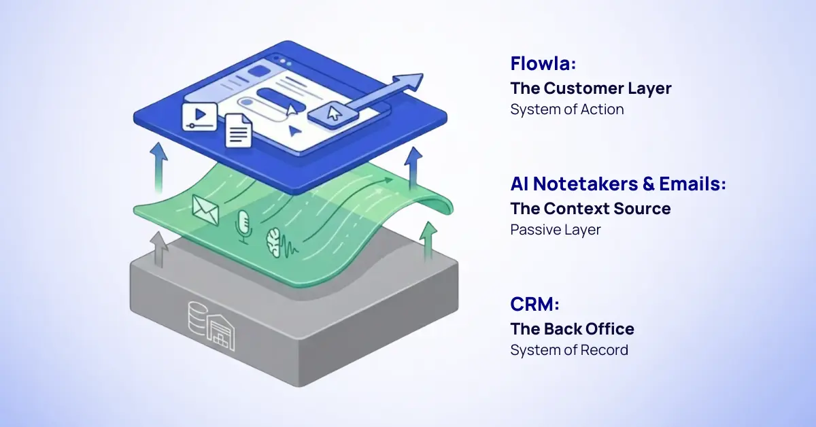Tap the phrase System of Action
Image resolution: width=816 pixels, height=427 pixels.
[567, 109]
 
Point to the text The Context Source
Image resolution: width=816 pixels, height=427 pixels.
[590, 208]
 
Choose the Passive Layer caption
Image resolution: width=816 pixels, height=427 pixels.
[556, 230]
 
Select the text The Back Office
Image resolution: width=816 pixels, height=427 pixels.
[572, 329]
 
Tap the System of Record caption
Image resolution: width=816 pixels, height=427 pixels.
[569, 350]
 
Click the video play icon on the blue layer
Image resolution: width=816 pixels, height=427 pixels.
[199, 116]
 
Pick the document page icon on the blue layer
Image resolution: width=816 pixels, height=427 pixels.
[237, 129]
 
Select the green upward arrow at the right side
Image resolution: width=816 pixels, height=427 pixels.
[428, 242]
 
